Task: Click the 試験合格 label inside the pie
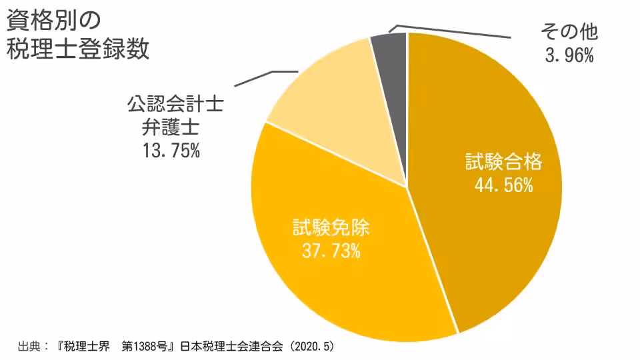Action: coord(504,163)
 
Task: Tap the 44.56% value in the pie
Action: coord(503,185)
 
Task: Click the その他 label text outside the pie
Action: coord(569,32)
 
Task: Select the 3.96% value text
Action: coord(569,56)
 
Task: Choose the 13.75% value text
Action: coord(171,151)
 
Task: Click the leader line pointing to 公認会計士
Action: coord(267,78)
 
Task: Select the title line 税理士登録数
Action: coord(77,49)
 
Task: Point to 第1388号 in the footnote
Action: coord(149,347)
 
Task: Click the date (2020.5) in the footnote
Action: coord(311,347)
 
